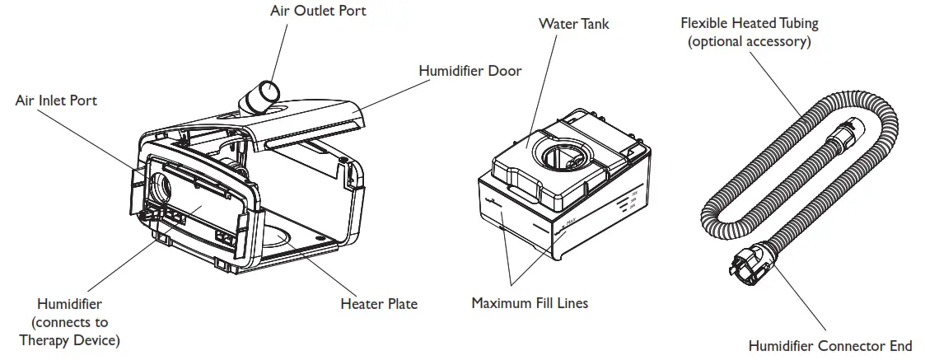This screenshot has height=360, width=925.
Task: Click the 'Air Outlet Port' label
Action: click(x=306, y=11)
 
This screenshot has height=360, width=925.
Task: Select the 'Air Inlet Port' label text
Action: click(x=56, y=100)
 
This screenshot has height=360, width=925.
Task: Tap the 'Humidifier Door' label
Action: click(x=470, y=71)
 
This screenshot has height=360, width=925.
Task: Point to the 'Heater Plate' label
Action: click(x=379, y=304)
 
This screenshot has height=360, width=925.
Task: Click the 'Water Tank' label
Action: click(x=573, y=23)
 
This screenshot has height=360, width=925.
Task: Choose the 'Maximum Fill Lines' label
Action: click(x=530, y=303)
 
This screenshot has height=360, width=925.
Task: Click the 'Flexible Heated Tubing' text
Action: click(x=749, y=24)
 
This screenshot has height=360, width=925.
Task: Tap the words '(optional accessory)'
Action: click(x=749, y=41)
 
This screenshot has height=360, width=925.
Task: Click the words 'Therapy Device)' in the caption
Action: click(x=69, y=340)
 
